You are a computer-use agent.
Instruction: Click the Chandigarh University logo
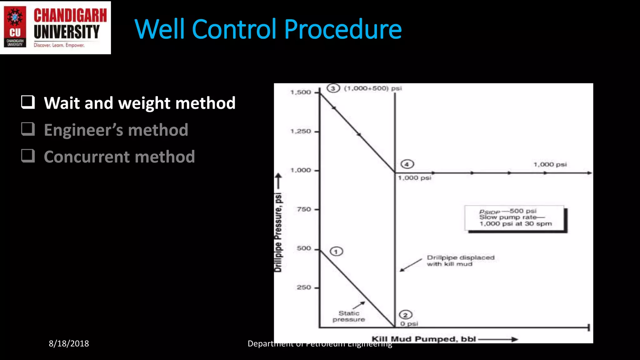click(55, 27)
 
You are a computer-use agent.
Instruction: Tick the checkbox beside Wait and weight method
click(28, 102)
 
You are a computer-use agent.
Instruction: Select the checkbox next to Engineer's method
click(28, 129)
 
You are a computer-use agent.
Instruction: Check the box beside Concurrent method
click(28, 156)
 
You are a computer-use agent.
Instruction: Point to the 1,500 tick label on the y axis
click(301, 92)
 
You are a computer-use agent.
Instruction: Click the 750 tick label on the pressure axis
click(304, 209)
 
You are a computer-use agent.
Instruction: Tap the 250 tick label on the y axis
click(304, 287)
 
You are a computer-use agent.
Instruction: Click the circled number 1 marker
click(336, 252)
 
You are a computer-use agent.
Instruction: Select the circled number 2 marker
click(405, 315)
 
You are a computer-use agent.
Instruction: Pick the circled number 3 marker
click(333, 88)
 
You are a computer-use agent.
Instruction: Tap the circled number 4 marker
click(407, 164)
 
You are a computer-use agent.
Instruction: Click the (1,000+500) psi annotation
click(373, 88)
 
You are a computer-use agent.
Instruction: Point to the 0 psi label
click(409, 324)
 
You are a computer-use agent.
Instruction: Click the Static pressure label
click(349, 316)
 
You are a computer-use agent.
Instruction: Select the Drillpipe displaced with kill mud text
click(460, 261)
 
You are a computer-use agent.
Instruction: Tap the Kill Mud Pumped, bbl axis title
click(423, 339)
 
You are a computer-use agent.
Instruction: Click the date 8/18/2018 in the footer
click(69, 343)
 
